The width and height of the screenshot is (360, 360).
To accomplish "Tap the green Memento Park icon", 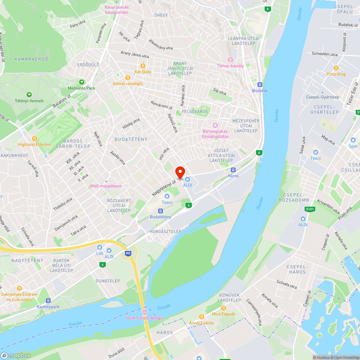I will tap(81, 82).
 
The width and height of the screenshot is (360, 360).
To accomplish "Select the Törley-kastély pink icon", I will tap(230, 60).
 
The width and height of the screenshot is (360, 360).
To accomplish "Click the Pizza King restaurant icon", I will tap(336, 68).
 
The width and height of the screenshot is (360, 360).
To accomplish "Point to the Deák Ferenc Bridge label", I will tap(144, 318).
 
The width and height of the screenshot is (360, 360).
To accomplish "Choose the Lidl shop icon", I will tap(99, 248).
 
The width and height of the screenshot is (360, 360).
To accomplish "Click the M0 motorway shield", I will tap(128, 253).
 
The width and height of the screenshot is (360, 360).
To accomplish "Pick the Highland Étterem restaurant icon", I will tap(35, 138).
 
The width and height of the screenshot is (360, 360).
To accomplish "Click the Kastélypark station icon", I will tap(48, 301).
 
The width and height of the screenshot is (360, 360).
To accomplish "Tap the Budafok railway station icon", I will tap(260, 85).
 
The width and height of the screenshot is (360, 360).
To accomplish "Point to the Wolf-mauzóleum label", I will tap(106, 186).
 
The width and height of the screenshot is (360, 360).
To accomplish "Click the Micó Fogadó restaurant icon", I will tap(223, 308).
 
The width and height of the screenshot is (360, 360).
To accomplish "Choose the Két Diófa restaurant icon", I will tap(143, 66).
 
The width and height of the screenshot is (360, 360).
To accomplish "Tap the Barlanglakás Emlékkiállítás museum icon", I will tap(215, 125).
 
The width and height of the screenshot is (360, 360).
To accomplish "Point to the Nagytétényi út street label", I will tap(164, 188).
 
